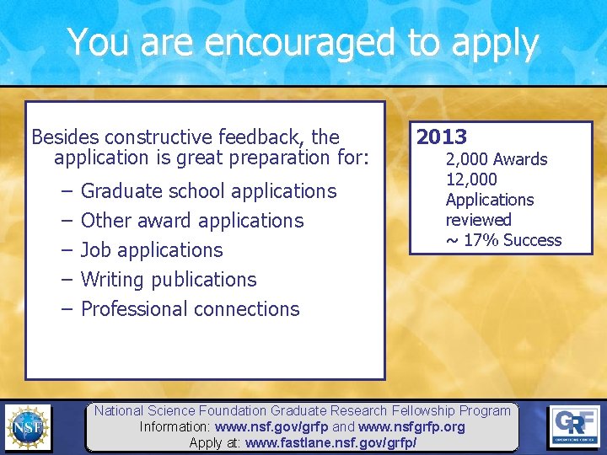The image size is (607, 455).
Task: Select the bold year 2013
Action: tap(442, 136)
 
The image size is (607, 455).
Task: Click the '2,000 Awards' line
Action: tap(497, 159)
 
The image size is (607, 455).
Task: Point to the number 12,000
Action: tap(471, 179)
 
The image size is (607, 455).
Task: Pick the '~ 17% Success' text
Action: tap(503, 240)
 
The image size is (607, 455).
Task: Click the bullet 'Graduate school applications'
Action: tap(208, 191)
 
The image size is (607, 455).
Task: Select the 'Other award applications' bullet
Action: tap(191, 221)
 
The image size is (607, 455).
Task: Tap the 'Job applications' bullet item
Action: tap(152, 250)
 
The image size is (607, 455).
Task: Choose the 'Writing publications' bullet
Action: tap(169, 280)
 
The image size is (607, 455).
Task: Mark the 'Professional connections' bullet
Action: tap(190, 309)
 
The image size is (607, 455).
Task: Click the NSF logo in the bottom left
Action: tap(27, 427)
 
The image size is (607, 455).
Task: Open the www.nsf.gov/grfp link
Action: tap(271, 427)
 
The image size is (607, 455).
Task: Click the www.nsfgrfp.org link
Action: tap(411, 427)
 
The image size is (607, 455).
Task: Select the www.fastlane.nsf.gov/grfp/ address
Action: tap(330, 442)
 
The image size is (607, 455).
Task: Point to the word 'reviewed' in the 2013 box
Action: tap(478, 220)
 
